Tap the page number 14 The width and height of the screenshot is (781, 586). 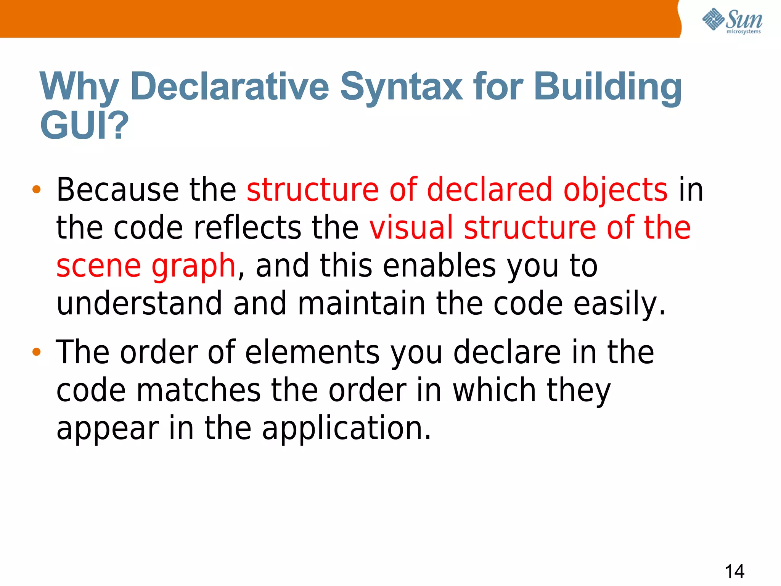[734, 571]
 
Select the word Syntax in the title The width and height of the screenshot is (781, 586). [401, 87]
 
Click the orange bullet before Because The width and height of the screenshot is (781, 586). [36, 189]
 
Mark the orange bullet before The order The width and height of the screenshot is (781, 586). [36, 352]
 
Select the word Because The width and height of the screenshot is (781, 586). [117, 190]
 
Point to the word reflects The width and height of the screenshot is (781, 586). [247, 228]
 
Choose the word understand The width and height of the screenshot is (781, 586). [139, 304]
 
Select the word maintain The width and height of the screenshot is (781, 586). [361, 304]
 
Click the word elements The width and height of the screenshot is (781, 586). [312, 352]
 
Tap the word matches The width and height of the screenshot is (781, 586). [198, 390]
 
